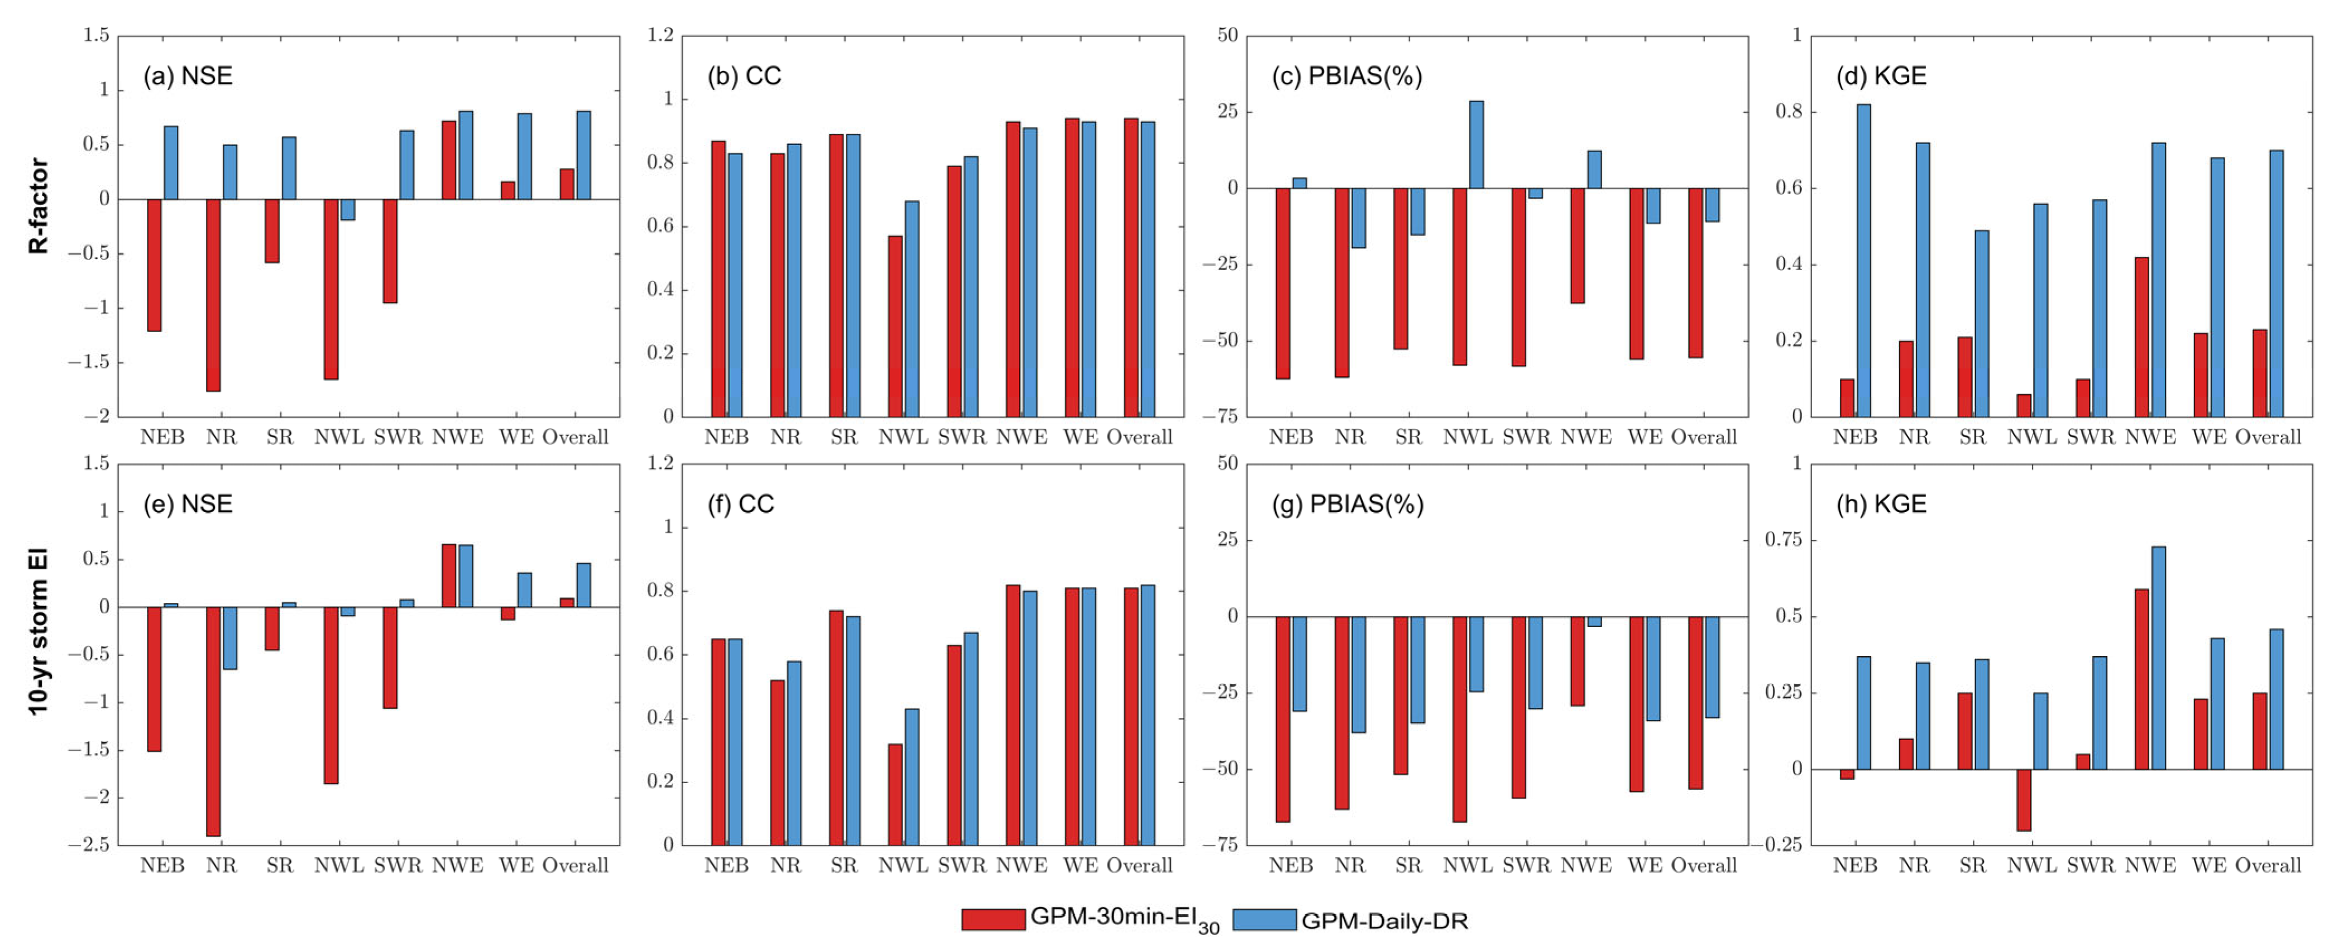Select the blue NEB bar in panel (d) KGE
pos(1864,260)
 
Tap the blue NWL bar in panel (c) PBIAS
pos(1476,145)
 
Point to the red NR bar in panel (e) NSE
pos(213,721)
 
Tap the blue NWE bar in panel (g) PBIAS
pos(1594,621)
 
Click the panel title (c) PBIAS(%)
pos(1346,76)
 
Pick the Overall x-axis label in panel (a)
pos(576,438)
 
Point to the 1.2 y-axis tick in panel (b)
pos(660,35)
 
